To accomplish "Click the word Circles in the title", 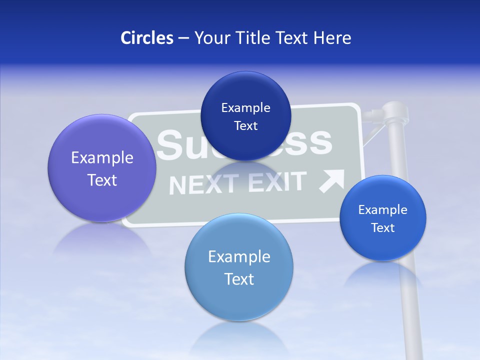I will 146,38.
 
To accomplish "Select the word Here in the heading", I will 332,38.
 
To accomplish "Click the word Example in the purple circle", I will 102,158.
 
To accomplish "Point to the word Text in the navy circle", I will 245,126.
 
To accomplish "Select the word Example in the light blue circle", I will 239,257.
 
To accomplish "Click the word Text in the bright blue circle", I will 383,228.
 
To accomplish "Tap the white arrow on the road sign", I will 332,181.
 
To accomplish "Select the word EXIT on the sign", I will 276,182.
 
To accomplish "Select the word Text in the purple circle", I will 102,180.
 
